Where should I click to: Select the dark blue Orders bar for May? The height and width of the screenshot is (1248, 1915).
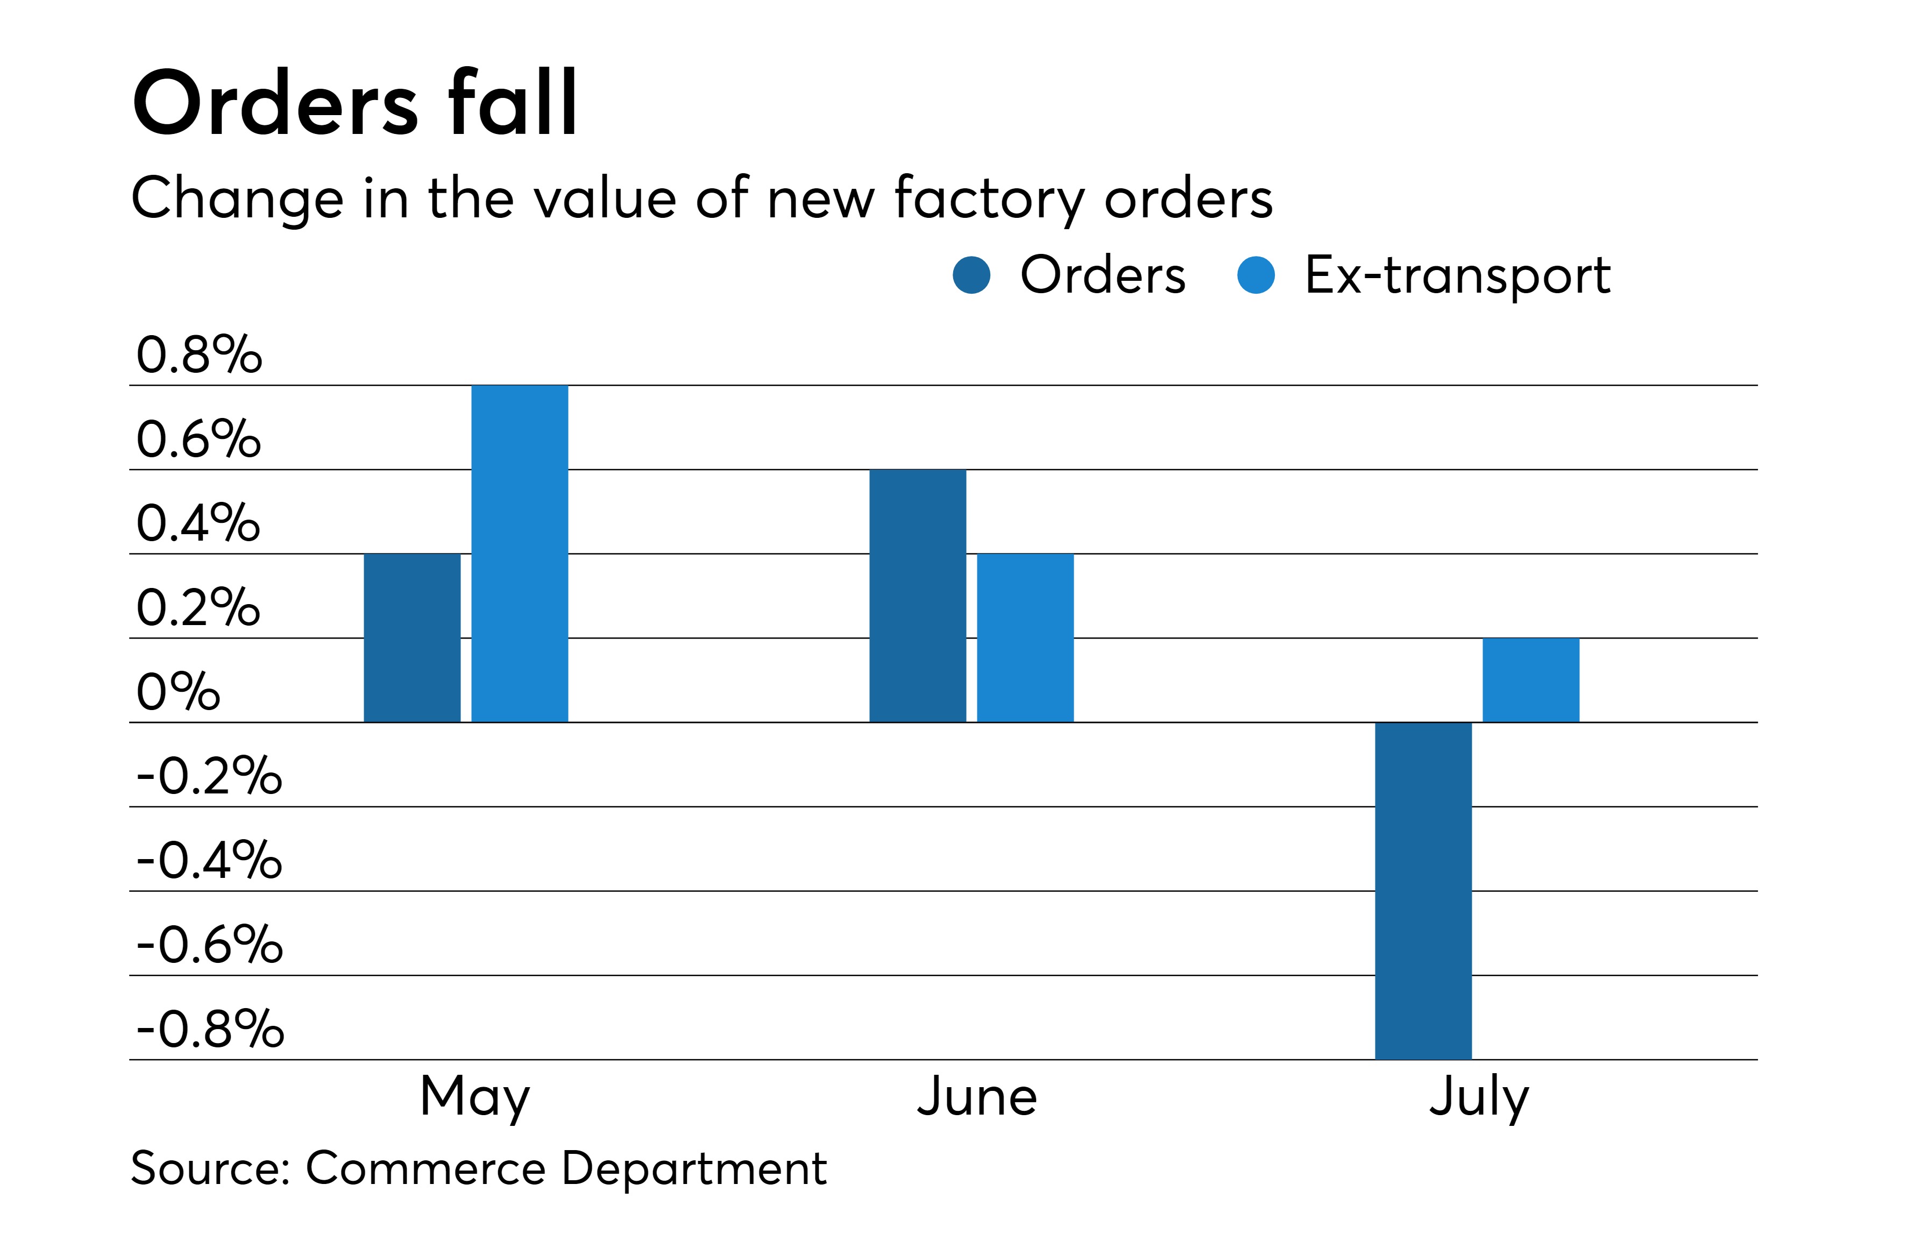tap(412, 637)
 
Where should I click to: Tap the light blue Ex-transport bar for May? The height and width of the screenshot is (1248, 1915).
tap(519, 554)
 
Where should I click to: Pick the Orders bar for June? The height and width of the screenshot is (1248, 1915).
tap(917, 595)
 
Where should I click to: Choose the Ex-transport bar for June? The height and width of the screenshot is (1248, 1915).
tap(1025, 637)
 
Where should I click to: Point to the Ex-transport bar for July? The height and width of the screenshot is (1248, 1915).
tap(1530, 680)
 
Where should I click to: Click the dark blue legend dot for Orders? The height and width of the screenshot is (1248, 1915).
tap(971, 275)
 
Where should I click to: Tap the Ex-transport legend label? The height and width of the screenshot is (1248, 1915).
tap(1457, 275)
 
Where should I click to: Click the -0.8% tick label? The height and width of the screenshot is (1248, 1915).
tap(210, 1029)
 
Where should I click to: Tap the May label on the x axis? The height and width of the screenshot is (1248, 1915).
tap(475, 1096)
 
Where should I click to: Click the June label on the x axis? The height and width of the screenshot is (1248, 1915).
tap(977, 1096)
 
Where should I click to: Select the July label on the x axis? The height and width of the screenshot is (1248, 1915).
tap(1479, 1096)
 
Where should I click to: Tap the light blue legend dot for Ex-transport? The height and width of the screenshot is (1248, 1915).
tap(1255, 275)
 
